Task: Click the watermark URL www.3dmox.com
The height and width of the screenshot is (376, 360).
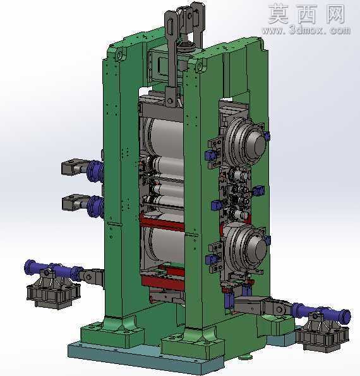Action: coord(306,30)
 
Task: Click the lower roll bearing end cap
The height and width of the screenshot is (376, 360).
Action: coord(257,250)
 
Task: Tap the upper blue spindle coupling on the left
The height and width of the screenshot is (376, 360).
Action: coord(95,171)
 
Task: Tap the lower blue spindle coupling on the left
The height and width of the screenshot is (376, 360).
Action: coord(95,206)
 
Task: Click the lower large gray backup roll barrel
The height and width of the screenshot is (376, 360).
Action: coord(165,245)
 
